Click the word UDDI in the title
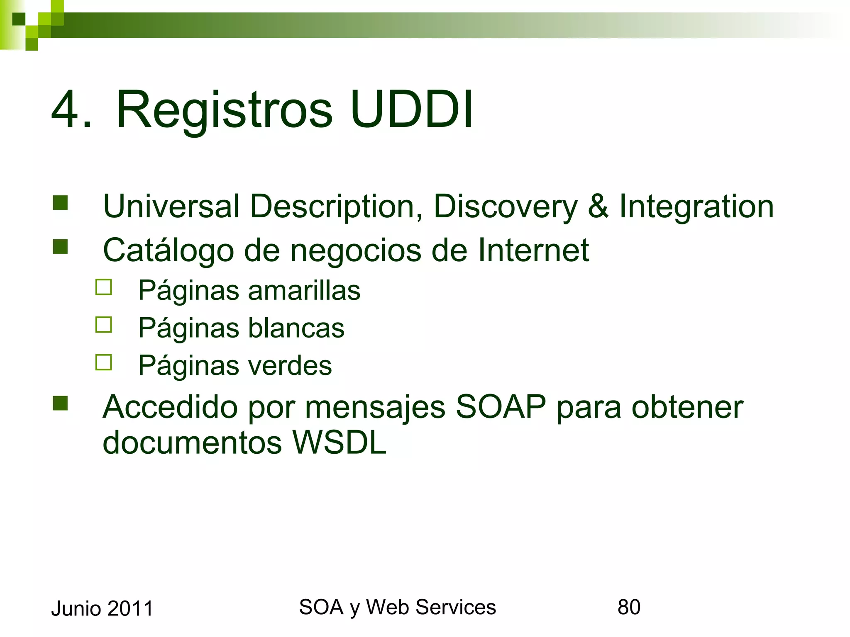click(411, 110)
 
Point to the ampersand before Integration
click(598, 206)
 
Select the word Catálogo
click(168, 250)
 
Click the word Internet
click(533, 250)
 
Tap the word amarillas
click(304, 290)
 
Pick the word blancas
click(296, 328)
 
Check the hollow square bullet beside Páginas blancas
click(103, 325)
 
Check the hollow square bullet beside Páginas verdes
click(103, 362)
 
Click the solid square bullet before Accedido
click(61, 403)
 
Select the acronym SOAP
click(501, 407)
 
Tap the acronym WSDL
click(339, 442)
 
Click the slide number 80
click(628, 607)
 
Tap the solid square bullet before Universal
click(61, 203)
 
